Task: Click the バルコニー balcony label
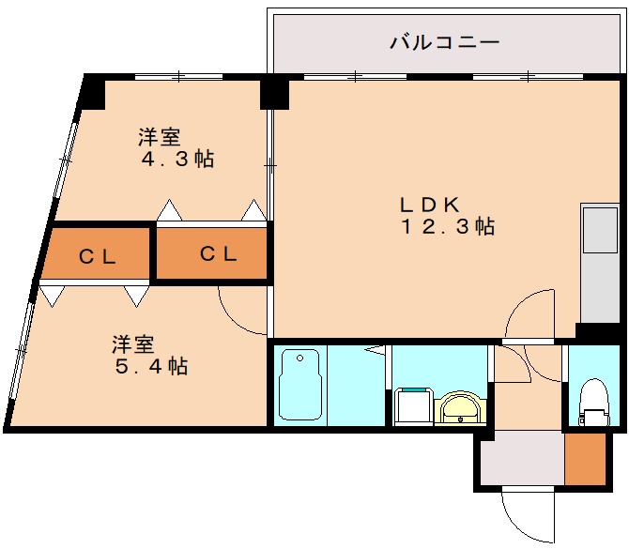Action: (443, 42)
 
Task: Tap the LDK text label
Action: (429, 204)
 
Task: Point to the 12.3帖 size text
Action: (448, 226)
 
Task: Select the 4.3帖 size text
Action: (177, 159)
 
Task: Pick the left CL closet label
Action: (97, 256)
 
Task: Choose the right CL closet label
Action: (218, 252)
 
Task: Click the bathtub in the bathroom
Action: (300, 384)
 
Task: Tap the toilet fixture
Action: (593, 401)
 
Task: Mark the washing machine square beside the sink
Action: (410, 406)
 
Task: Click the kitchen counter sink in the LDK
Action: (599, 230)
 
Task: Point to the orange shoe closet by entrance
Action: (585, 460)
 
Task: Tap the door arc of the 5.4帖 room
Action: (242, 314)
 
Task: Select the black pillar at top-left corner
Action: (92, 91)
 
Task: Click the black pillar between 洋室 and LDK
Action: (274, 92)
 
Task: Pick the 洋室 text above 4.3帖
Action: (159, 137)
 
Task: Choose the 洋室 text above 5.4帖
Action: (133, 343)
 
